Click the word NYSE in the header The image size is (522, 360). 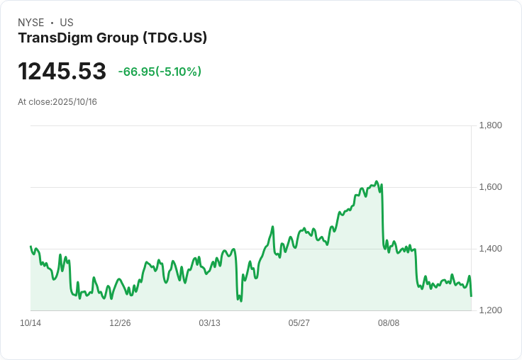(31, 23)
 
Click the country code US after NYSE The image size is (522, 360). (67, 23)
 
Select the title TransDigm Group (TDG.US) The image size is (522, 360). (112, 38)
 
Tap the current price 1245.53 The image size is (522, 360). (62, 72)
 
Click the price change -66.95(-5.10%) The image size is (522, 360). (160, 72)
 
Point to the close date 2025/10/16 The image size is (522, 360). (75, 102)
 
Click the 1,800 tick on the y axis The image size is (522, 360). (490, 125)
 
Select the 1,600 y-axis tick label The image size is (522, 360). (490, 187)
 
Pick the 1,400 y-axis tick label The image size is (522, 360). (490, 249)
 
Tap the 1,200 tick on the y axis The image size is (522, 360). (490, 310)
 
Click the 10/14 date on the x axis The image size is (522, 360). (30, 323)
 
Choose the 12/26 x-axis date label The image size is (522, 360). (120, 323)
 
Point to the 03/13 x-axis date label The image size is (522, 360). (209, 323)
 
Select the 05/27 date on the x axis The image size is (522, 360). (299, 323)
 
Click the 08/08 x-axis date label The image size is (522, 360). (389, 323)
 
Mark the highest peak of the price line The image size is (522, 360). (377, 181)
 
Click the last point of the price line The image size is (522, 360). (471, 296)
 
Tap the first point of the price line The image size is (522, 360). (30, 247)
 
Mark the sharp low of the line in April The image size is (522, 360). (240, 300)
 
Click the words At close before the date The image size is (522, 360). (34, 102)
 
